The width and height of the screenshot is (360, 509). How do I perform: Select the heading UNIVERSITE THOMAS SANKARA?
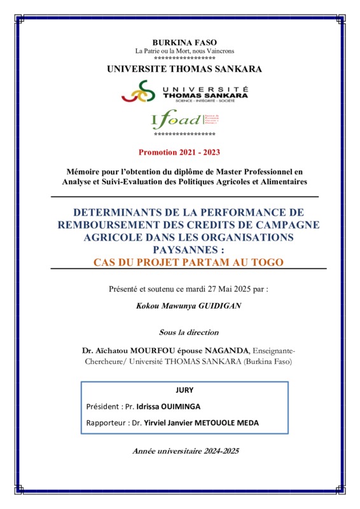click(x=184, y=69)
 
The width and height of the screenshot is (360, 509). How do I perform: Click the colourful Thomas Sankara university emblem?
click(x=139, y=92)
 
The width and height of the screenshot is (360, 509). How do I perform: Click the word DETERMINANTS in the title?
click(x=125, y=212)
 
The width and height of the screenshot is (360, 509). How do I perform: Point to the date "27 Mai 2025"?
click(x=226, y=289)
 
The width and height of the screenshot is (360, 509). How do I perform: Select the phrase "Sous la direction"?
click(x=188, y=332)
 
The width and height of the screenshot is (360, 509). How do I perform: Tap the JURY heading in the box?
click(x=184, y=391)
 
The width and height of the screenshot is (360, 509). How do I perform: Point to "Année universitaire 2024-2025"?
click(x=184, y=451)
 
